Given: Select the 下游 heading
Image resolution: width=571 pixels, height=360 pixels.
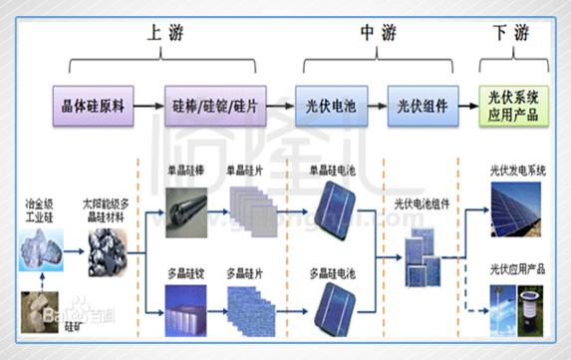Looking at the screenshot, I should tap(512, 31).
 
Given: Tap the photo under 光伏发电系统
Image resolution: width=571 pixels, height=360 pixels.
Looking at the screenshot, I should tap(516, 210).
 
